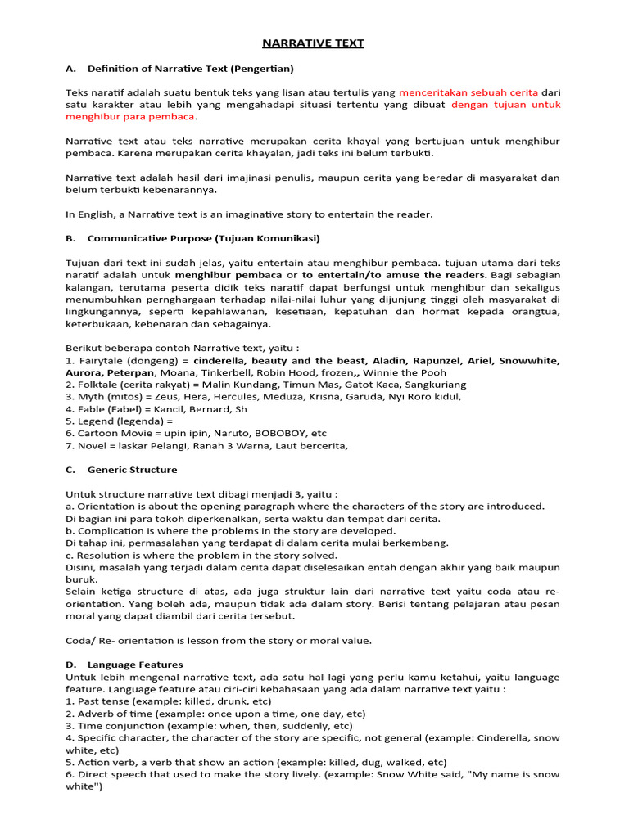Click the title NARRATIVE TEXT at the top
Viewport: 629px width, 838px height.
pos(314,43)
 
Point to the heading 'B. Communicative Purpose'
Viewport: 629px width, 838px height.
pos(192,238)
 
